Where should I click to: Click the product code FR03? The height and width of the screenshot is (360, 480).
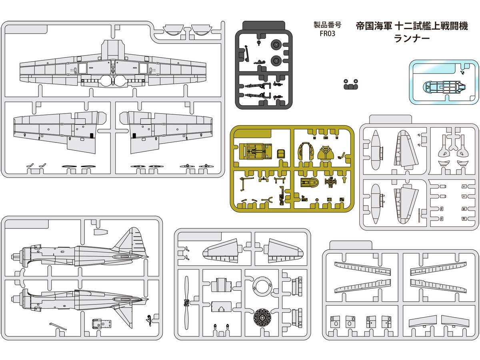327,34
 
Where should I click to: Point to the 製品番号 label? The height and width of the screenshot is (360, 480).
327,25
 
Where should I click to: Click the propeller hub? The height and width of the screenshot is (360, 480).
186,303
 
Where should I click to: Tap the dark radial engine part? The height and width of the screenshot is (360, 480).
264,320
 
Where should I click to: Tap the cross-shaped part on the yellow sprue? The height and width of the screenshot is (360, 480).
330,182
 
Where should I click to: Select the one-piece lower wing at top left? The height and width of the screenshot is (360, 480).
113,68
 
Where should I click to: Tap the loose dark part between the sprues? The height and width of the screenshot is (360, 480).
350,84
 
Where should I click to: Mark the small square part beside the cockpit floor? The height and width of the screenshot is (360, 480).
281,152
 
